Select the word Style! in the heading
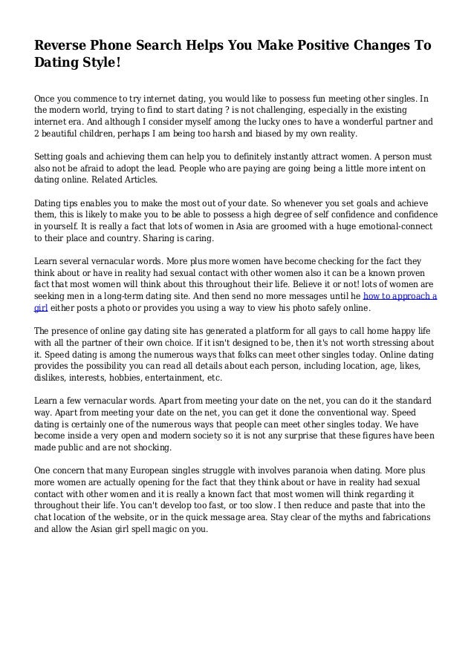click(x=100, y=65)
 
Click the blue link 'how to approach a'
click(x=404, y=295)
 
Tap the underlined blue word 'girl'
click(x=41, y=307)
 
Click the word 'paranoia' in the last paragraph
click(x=300, y=470)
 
